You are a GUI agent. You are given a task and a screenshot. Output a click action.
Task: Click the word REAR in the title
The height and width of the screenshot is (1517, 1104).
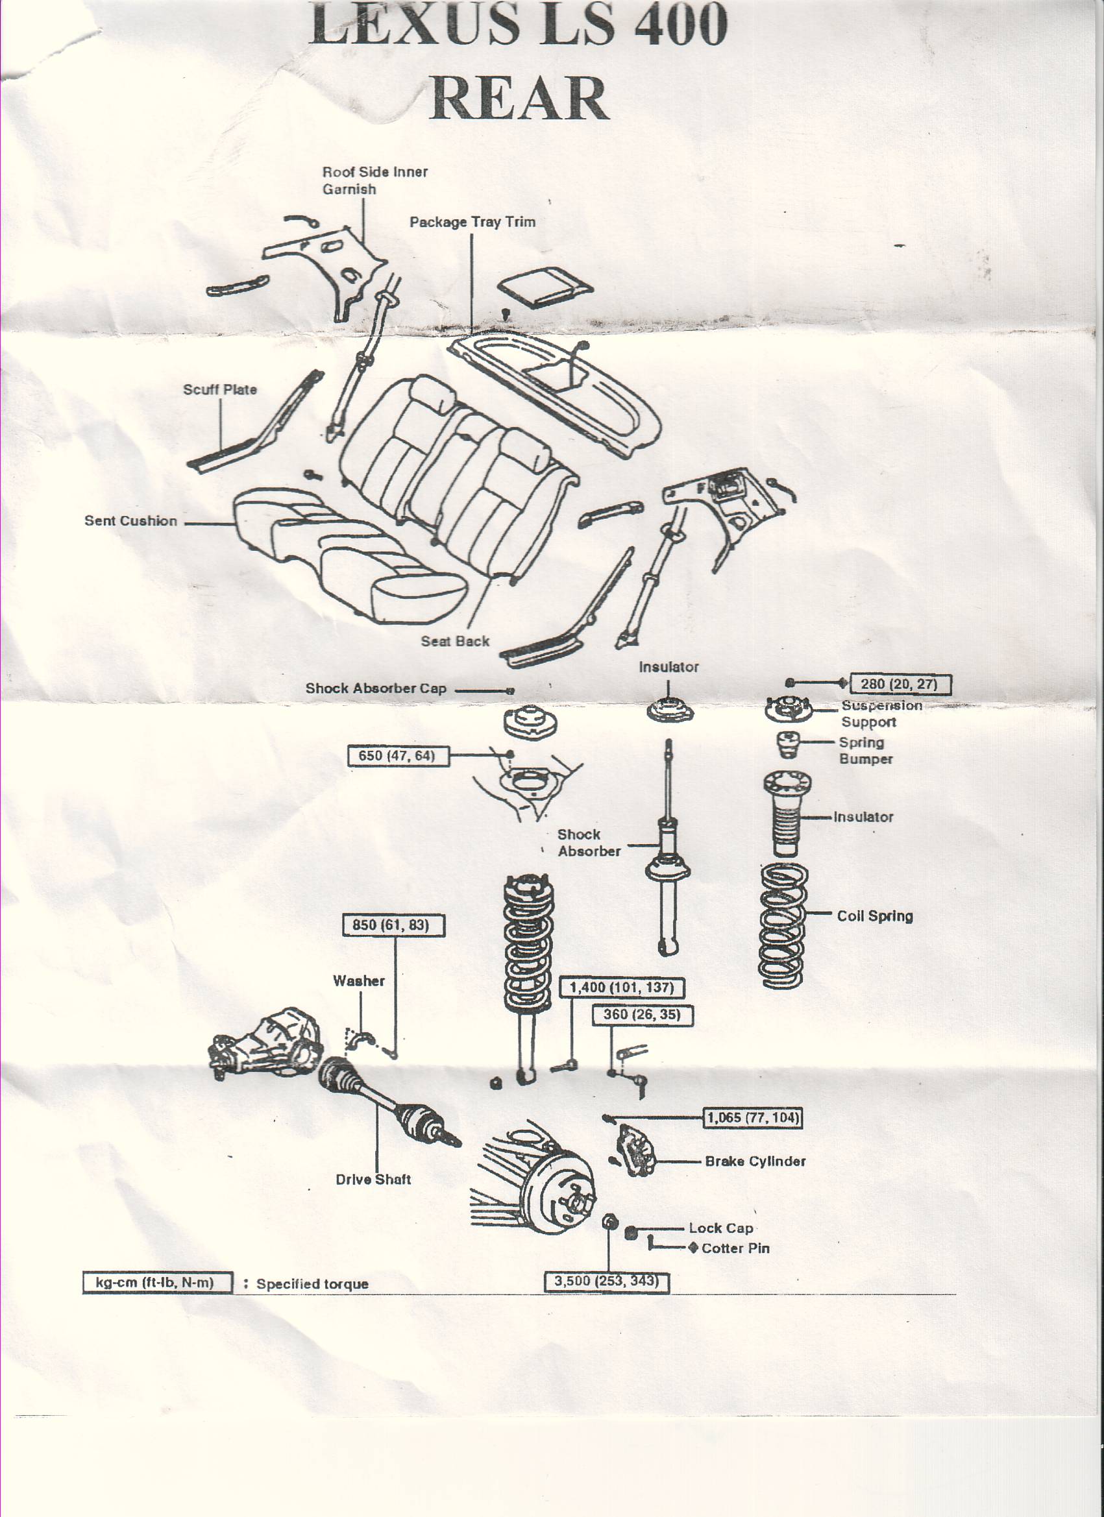tap(519, 99)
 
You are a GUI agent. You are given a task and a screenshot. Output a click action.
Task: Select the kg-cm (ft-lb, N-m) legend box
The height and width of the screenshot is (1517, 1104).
tap(156, 1282)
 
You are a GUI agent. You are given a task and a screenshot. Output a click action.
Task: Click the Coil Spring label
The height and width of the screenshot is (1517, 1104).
tap(874, 916)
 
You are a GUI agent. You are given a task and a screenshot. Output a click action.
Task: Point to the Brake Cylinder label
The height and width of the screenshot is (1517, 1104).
tap(755, 1161)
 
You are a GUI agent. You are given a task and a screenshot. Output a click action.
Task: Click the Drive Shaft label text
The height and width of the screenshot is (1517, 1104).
tap(373, 1179)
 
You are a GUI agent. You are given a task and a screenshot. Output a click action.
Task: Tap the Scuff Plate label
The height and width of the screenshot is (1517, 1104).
tap(219, 389)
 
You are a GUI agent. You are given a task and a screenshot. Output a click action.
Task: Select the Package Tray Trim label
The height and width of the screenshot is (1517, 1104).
tap(472, 222)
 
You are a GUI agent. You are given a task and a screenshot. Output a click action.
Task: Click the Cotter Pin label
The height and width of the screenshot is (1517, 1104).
tap(735, 1248)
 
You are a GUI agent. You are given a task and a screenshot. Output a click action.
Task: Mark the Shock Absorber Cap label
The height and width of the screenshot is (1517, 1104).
tap(375, 688)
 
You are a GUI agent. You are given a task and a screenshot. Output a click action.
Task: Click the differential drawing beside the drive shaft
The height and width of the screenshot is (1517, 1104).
tap(264, 1044)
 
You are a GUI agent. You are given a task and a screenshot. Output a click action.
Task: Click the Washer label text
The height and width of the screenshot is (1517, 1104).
tap(359, 980)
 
